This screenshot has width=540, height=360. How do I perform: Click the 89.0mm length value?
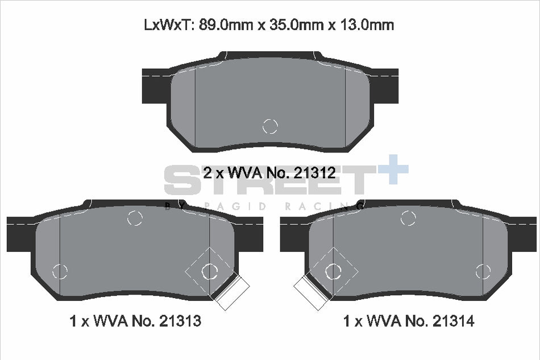[225, 25]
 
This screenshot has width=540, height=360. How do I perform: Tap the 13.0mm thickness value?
[367, 25]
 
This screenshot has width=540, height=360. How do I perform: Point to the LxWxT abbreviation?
[168, 25]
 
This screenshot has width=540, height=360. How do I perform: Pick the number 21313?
[180, 321]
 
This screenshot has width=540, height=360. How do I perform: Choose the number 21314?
[453, 321]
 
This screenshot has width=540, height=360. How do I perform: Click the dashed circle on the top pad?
[270, 126]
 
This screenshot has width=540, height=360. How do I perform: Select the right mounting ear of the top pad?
[384, 86]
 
